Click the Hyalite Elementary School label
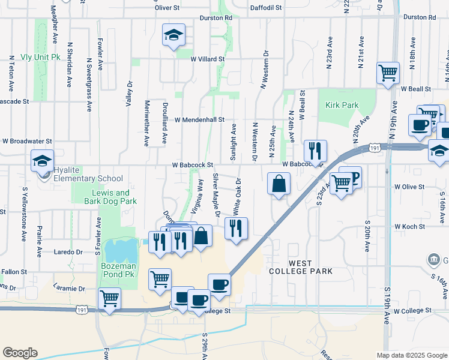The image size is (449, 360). [88, 178]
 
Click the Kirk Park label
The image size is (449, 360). [342, 105]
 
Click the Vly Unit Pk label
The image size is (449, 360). [41, 57]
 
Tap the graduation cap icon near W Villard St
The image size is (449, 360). [173, 35]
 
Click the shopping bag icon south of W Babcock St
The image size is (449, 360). [279, 184]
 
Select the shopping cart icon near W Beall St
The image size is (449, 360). [388, 73]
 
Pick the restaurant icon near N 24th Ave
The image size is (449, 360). [315, 150]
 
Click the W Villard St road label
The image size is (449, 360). [208, 59]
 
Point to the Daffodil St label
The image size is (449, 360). [265, 7]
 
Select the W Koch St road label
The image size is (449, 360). [409, 227]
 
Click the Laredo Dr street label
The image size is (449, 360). [68, 252]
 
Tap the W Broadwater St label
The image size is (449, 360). [28, 142]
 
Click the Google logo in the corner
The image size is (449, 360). [20, 353]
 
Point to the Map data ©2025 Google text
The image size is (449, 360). [411, 355]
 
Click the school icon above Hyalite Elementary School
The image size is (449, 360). [43, 161]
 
